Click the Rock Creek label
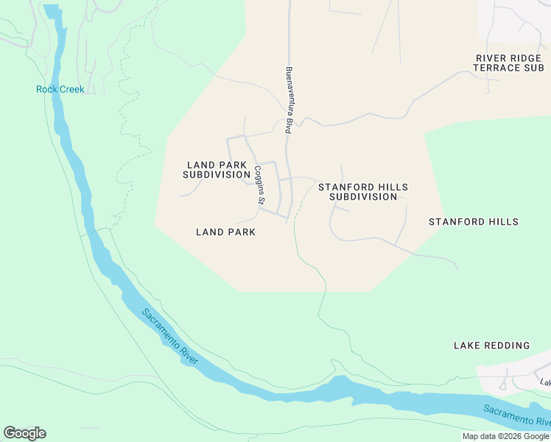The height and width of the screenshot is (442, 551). click(x=60, y=90)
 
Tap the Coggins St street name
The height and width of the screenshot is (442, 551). click(x=259, y=186)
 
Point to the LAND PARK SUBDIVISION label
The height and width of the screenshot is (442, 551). click(x=217, y=170)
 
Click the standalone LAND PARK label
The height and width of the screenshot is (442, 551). click(x=225, y=232)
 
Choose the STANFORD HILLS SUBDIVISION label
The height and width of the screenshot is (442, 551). click(x=362, y=192)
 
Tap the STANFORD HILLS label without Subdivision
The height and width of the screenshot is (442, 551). click(x=473, y=222)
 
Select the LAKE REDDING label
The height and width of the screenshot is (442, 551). click(x=491, y=345)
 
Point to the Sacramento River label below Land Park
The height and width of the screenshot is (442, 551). click(x=170, y=335)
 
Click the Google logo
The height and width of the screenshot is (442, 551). click(x=24, y=433)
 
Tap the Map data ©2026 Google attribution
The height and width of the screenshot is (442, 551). click(x=505, y=436)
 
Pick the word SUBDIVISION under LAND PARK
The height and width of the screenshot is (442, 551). click(x=217, y=175)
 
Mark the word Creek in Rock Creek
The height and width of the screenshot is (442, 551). click(x=71, y=90)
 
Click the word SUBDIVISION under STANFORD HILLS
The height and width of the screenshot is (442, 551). click(x=362, y=197)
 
